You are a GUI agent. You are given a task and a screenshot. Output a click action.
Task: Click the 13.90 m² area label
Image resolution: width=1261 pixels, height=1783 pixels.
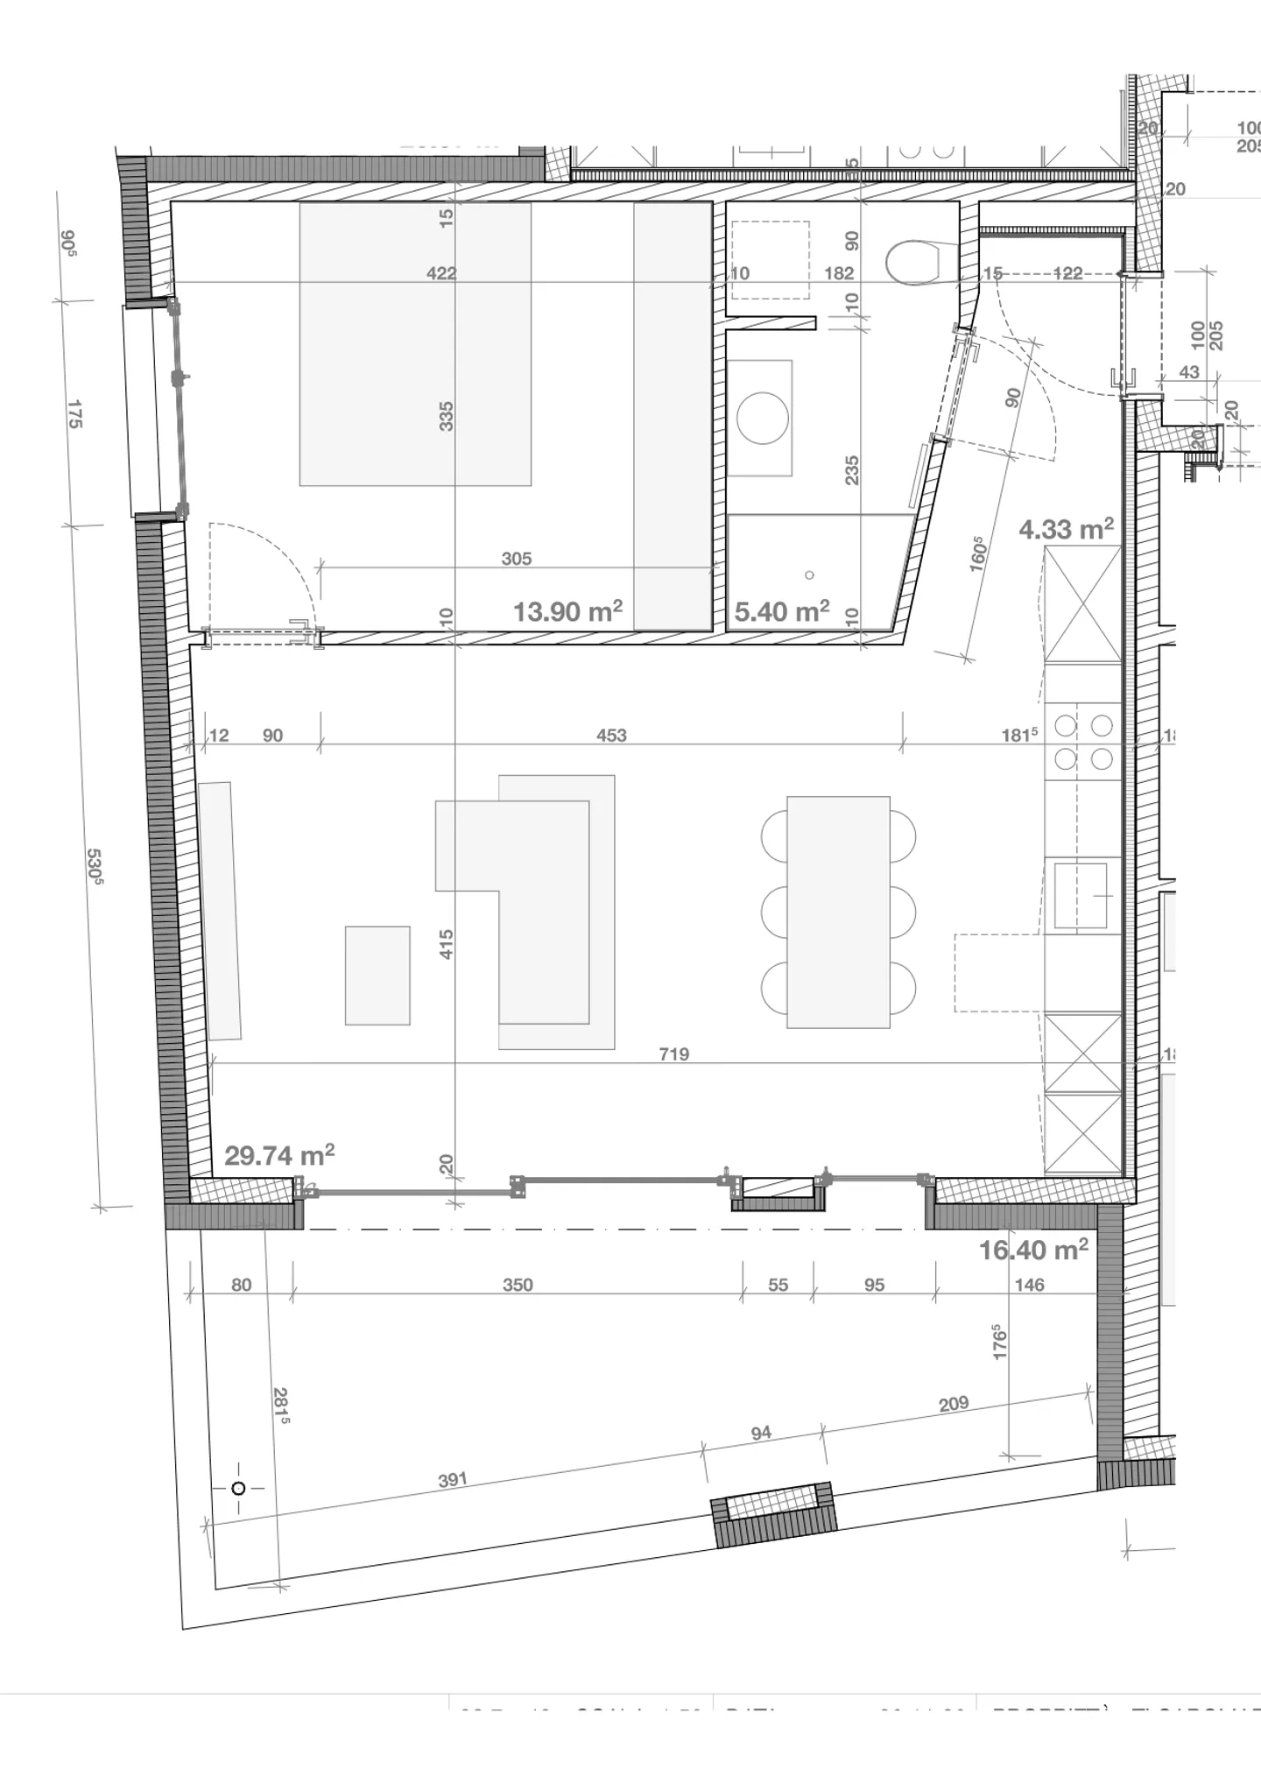point(567,611)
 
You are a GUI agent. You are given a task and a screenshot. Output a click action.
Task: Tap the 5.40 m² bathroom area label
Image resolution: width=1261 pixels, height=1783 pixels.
point(781,611)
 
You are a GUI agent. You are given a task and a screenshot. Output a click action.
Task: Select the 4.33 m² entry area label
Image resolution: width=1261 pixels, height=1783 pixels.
point(1066,529)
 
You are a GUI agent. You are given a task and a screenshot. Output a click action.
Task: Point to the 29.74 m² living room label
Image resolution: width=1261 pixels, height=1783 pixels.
point(279,1155)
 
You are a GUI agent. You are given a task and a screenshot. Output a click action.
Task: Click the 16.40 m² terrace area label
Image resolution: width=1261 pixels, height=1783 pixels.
point(1033,1250)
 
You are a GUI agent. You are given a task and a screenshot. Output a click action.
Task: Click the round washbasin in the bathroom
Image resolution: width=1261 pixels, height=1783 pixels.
point(762,418)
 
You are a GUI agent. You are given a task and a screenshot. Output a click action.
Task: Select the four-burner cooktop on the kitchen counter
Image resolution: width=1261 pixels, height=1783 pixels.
point(1083,742)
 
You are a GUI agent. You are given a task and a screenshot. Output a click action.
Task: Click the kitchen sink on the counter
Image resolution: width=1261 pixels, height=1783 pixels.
point(1081,895)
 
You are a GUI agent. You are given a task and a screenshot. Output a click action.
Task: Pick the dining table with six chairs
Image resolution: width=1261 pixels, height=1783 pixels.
point(838,912)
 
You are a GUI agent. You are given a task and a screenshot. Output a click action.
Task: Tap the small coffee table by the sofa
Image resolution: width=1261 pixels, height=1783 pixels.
point(377,975)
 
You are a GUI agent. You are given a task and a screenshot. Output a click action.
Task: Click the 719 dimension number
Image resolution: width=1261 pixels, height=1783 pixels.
point(674,1054)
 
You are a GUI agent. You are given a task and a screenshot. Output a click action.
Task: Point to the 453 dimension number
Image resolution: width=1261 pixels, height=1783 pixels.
point(611,736)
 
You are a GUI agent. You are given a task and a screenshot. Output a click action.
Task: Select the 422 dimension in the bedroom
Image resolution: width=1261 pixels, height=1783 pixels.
point(441,273)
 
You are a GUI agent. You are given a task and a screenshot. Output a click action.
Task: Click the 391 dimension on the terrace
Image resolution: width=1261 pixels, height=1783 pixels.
point(453,1480)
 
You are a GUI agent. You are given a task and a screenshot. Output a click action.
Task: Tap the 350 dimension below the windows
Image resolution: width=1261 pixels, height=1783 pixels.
point(518,1285)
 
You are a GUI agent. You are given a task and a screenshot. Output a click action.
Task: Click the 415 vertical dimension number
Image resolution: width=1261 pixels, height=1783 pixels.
point(446,944)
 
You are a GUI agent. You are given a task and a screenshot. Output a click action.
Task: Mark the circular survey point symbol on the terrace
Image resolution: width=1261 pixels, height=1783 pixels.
point(238,1488)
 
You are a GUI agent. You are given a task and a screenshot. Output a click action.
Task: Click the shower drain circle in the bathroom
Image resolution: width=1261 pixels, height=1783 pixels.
point(809,575)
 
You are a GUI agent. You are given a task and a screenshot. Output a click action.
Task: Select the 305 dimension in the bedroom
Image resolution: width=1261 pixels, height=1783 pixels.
point(517,559)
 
